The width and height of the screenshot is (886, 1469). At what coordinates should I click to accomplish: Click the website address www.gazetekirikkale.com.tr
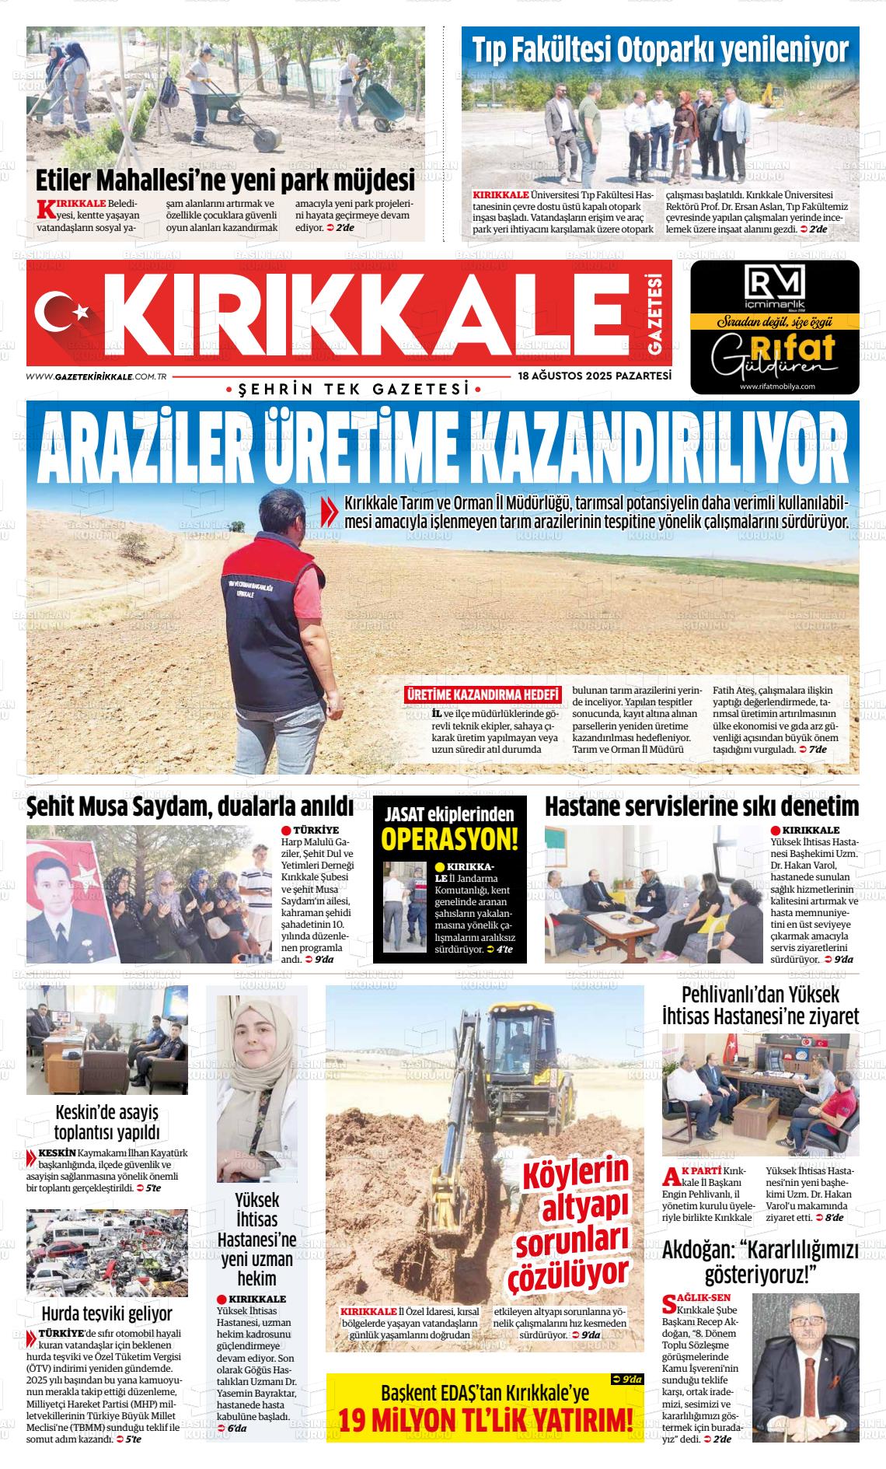(98, 376)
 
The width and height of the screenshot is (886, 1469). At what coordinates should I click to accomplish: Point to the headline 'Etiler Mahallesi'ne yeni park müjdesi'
(225, 180)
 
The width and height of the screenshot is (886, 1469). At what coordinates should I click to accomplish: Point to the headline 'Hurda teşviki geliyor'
(106, 1313)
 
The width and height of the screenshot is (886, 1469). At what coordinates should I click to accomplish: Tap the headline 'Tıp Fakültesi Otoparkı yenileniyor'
(661, 50)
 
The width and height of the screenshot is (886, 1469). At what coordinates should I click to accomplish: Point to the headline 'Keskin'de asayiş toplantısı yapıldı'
(106, 1121)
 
